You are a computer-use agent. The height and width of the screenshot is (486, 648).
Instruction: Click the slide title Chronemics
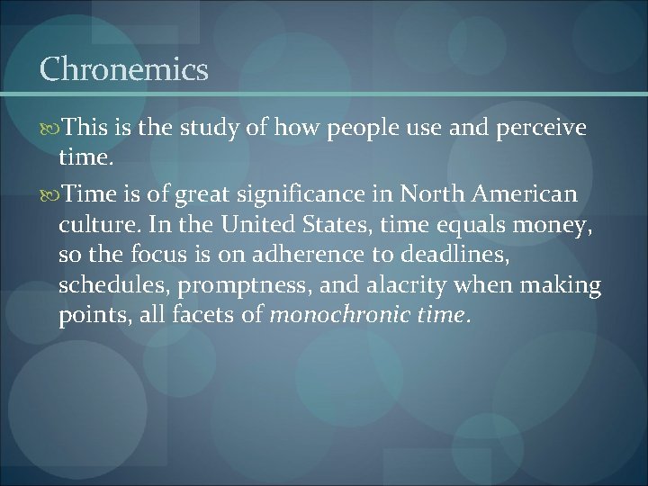(x=124, y=70)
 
